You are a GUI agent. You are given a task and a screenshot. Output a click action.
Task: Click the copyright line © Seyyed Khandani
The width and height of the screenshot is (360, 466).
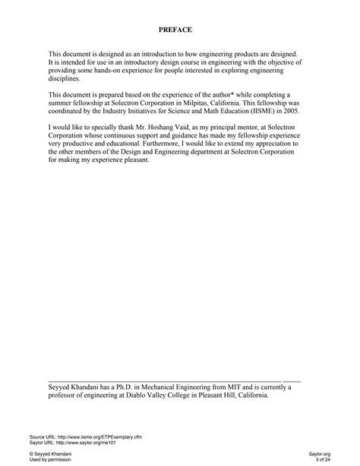[x=52, y=454]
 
